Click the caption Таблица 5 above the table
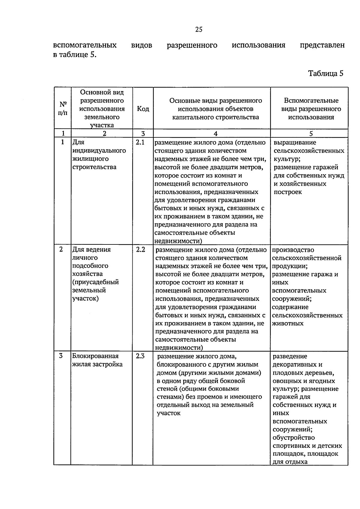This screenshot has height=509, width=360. pos(325,73)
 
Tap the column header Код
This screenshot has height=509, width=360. pos(143,109)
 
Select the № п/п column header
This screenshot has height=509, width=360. pos(63,109)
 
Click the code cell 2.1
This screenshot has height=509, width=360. pos(140,142)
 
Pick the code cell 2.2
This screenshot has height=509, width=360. pos(140,250)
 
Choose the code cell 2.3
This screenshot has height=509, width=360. pos(140,356)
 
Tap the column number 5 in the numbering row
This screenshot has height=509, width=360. pos(311,134)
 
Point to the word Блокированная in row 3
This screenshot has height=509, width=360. pos(95,356)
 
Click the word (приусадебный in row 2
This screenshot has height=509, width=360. pos(95,282)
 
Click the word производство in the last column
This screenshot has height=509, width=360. pos(293,250)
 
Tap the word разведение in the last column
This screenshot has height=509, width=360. pos(290,356)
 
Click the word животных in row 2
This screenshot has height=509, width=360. pos(288,323)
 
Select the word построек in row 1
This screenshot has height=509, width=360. pos(288,192)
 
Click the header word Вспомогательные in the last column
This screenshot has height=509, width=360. pos(311,100)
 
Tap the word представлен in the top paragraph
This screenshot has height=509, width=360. pos(322,45)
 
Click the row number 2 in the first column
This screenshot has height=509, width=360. pos(61,250)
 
